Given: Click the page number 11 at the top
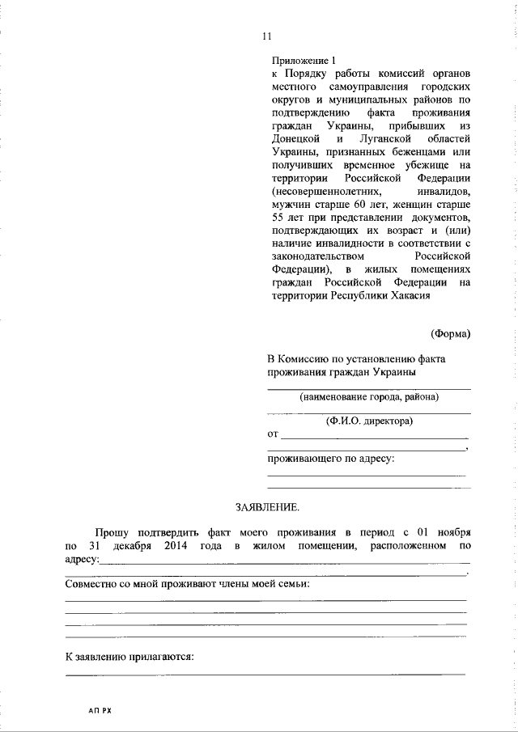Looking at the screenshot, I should pos(266,36).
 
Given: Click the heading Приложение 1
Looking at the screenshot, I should pos(300,61).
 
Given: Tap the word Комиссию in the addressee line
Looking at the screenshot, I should pos(311,358).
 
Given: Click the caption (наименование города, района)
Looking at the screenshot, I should pos(369,397).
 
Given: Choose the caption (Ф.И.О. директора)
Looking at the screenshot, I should pos(369,421).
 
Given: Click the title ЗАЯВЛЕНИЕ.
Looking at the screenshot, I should pos(266,507).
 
